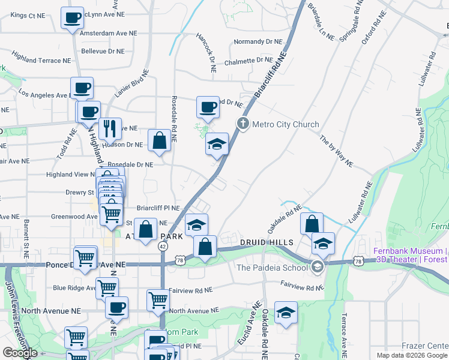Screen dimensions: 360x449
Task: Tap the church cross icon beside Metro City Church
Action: [243, 125]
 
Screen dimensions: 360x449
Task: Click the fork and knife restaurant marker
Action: [110, 128]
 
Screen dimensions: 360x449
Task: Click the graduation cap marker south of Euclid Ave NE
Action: [286, 313]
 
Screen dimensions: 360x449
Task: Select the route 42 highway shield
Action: [163, 246]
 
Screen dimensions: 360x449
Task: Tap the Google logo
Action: [20, 353]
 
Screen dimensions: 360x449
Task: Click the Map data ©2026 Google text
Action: [412, 355]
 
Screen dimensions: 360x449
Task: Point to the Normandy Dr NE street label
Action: [258, 42]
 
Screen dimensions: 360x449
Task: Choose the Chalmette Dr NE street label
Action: [249, 61]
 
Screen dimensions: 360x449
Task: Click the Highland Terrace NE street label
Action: [41, 61]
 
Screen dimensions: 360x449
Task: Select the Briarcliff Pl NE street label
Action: [158, 208]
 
